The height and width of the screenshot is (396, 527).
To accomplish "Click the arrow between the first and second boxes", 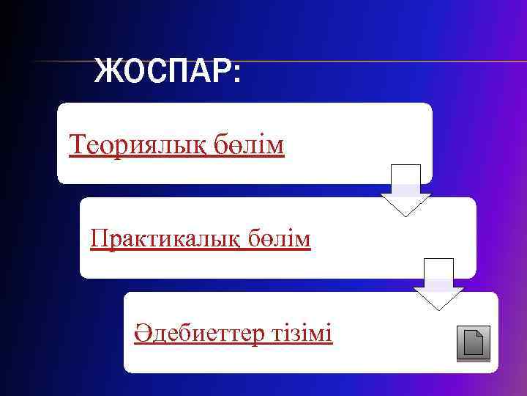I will (405, 190).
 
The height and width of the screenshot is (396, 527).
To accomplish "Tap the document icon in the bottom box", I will (473, 343).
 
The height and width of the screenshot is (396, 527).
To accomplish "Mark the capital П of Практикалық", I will (98, 238).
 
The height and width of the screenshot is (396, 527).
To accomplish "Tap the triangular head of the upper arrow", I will (405, 204).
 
